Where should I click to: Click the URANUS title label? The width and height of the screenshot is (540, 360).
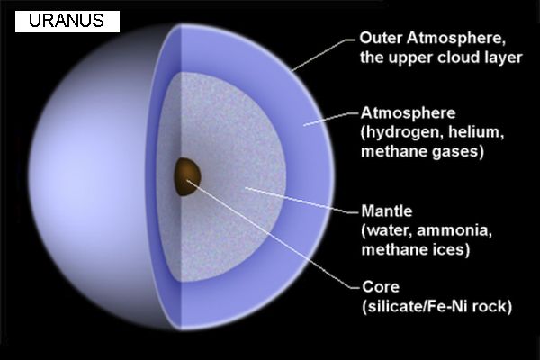[x=67, y=21]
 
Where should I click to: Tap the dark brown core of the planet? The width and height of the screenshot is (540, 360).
[x=186, y=176]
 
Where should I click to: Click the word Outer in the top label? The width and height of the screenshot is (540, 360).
[x=381, y=38]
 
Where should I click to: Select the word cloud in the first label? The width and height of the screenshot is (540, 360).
[x=458, y=58]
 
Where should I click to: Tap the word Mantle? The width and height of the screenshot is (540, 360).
[x=386, y=211]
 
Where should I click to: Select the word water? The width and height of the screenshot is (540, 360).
[x=388, y=230]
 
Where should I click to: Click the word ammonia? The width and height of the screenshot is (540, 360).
[x=454, y=230]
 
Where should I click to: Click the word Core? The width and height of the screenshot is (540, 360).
[x=381, y=286]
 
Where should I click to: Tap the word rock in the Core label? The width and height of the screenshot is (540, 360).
[x=489, y=306]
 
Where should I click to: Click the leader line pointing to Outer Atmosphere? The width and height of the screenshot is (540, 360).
[x=323, y=55]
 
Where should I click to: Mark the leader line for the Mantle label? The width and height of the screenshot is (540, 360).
[x=302, y=201]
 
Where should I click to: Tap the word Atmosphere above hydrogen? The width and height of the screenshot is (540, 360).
[x=408, y=113]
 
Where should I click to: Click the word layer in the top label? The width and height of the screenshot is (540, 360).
[x=503, y=58]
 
